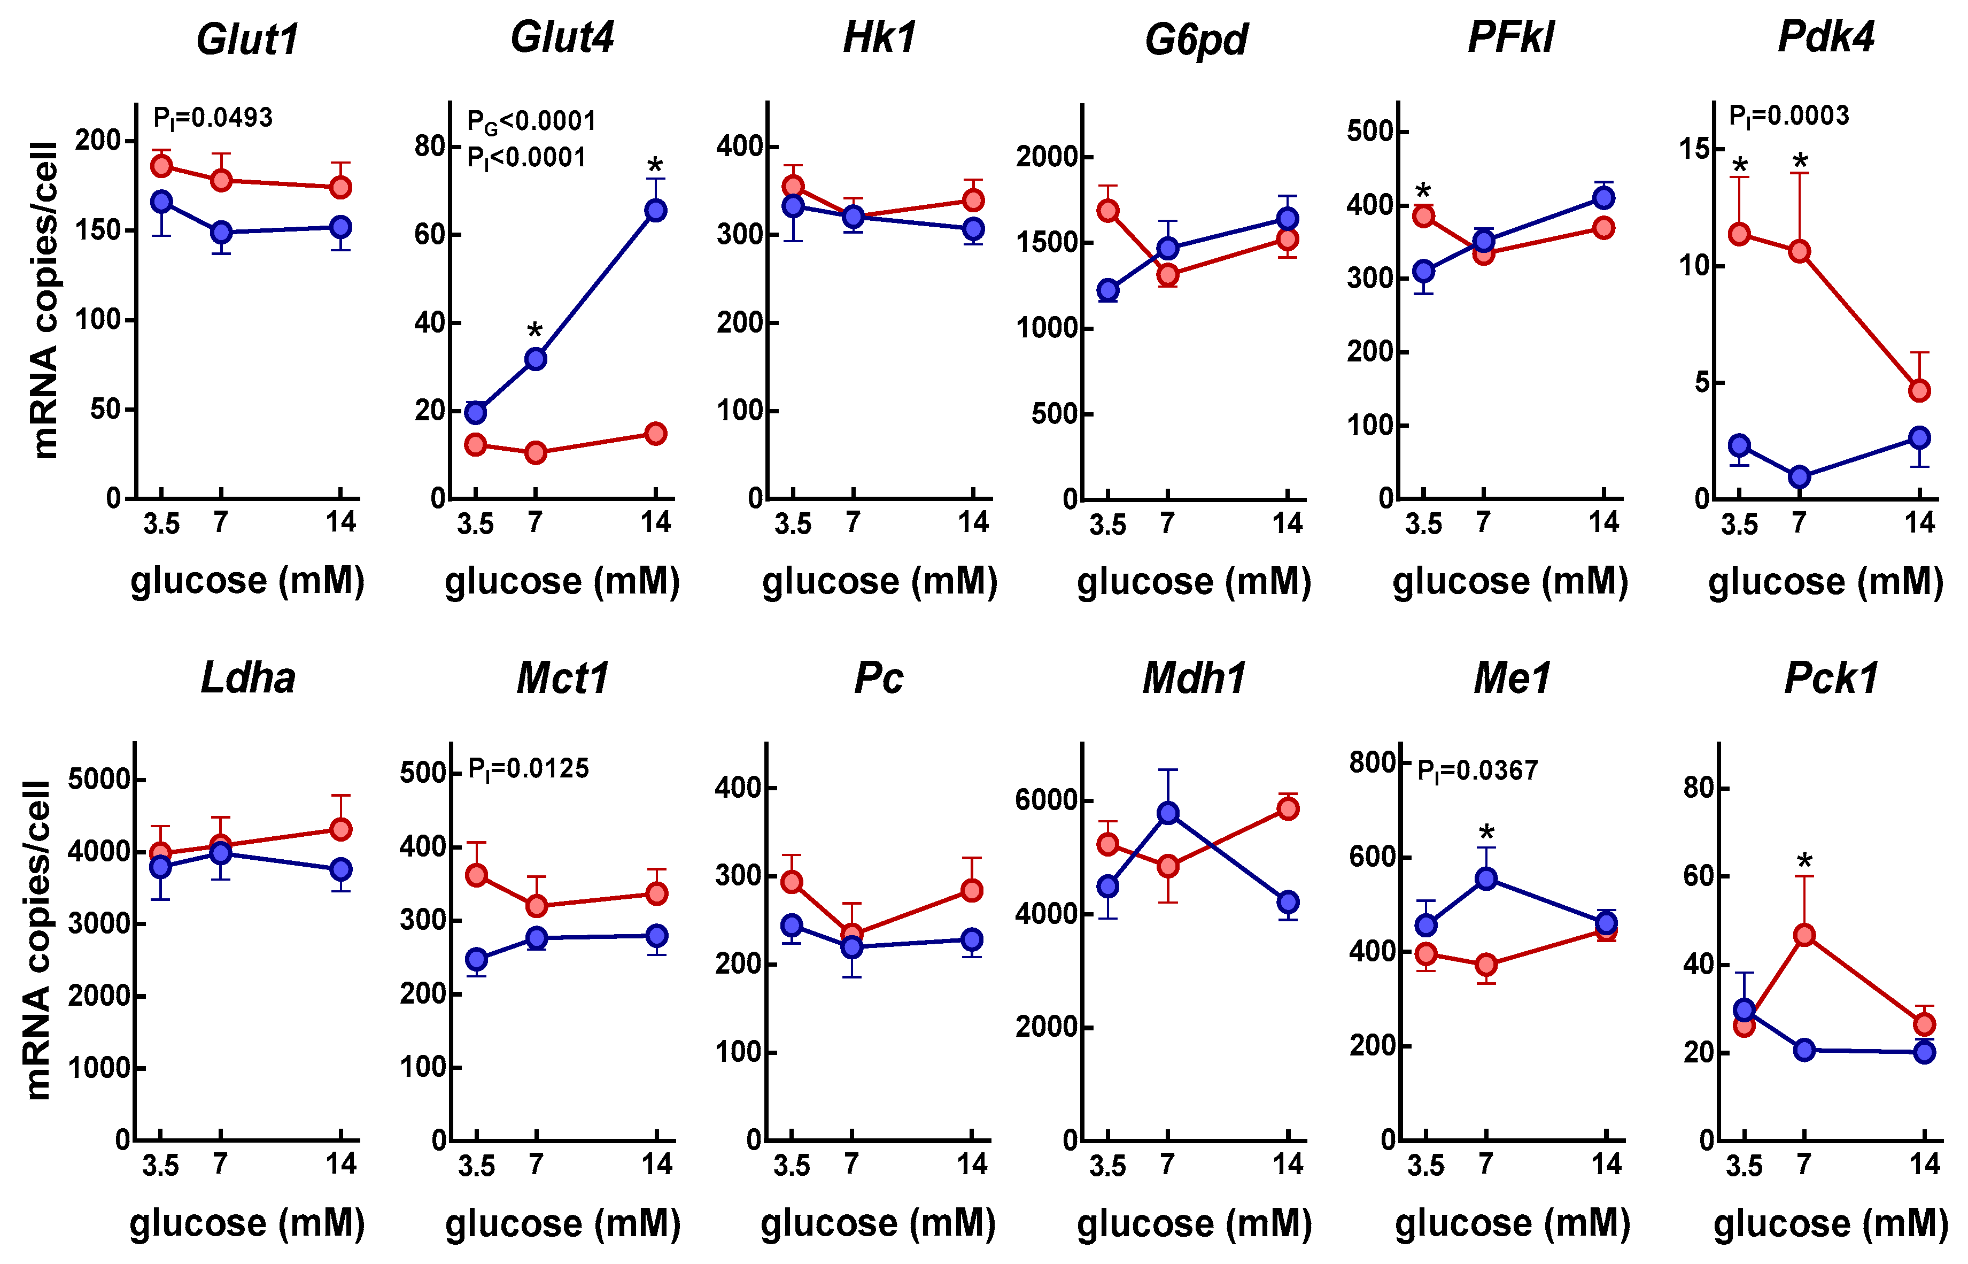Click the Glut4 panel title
(x=562, y=38)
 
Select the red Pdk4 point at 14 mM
(x=1919, y=391)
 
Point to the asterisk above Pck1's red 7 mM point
(x=1804, y=862)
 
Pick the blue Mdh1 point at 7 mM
(x=1167, y=813)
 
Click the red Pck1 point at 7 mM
(x=1804, y=935)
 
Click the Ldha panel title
(x=248, y=679)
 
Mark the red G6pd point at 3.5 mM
(x=1107, y=211)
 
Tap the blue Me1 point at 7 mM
(x=1486, y=879)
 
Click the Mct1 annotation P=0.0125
(x=528, y=769)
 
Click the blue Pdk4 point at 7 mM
(x=1799, y=477)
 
